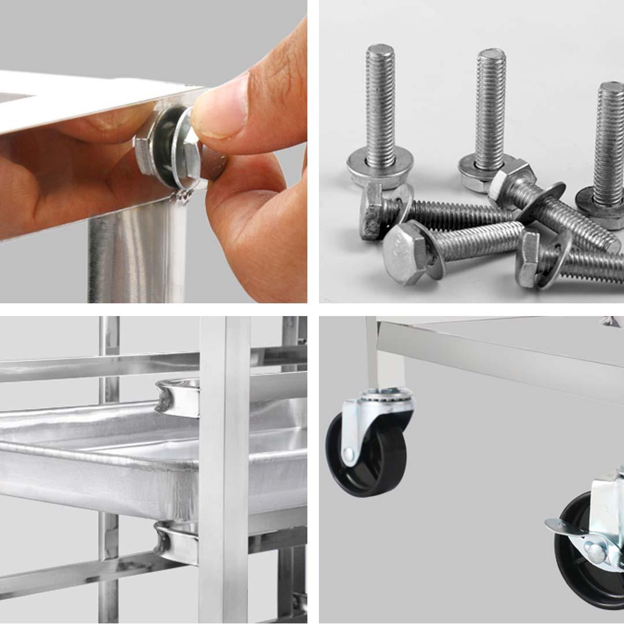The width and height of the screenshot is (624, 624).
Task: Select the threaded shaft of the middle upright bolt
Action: tap(490, 104)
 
